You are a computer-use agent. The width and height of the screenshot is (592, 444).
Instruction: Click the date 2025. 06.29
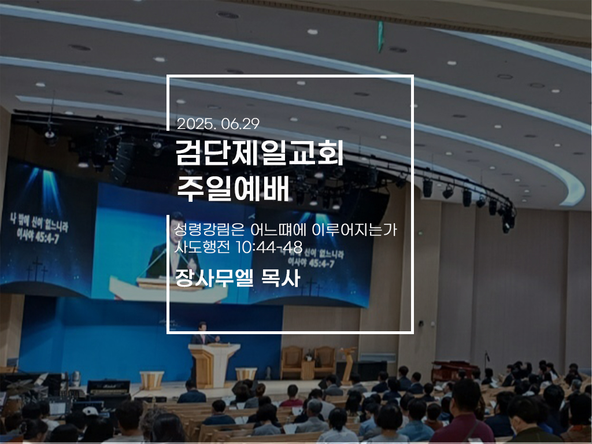click(218, 124)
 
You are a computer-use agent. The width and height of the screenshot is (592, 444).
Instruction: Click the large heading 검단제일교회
click(260, 153)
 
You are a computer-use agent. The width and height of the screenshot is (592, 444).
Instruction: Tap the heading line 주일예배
click(232, 188)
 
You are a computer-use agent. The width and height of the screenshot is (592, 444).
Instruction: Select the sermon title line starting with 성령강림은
click(285, 230)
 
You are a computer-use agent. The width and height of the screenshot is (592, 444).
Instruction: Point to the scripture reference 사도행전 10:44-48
click(238, 247)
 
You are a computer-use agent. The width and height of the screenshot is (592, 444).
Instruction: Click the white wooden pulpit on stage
click(214, 364)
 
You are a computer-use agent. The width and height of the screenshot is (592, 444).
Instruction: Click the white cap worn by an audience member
click(90, 411)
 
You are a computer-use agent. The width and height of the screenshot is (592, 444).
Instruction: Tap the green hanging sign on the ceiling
click(380, 36)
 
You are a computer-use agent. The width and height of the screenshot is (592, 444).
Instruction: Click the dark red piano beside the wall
click(450, 371)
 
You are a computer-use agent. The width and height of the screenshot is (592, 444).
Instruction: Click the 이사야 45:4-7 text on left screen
click(38, 236)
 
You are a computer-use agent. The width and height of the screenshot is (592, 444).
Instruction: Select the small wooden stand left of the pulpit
click(152, 380)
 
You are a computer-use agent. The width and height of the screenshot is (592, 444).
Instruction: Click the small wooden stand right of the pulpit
click(246, 374)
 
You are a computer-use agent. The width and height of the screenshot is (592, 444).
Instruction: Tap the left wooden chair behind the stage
click(291, 362)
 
